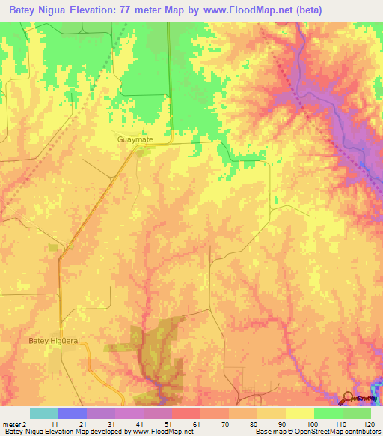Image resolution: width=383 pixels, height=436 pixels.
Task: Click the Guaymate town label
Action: coord(132,139)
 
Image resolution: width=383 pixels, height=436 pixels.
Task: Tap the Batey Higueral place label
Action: coord(54,341)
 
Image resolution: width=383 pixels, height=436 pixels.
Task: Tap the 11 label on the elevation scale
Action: coord(51,424)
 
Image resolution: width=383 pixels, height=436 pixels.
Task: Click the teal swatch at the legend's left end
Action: coord(44,413)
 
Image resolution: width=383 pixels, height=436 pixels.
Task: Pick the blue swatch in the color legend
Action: coord(73,413)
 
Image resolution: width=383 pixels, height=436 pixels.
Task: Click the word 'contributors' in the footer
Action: coord(361,432)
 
